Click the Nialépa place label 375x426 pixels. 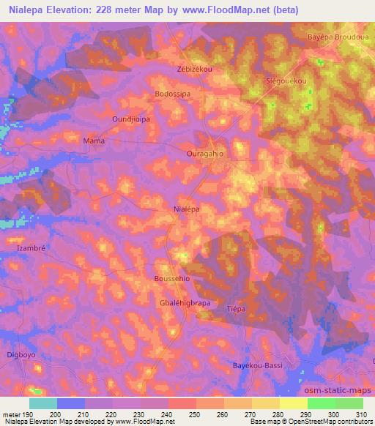coord(187,209)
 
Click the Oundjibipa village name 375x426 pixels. coord(130,117)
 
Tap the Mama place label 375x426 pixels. coord(94,141)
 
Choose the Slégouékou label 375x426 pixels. coord(285,81)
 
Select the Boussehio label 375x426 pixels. coord(172,279)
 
